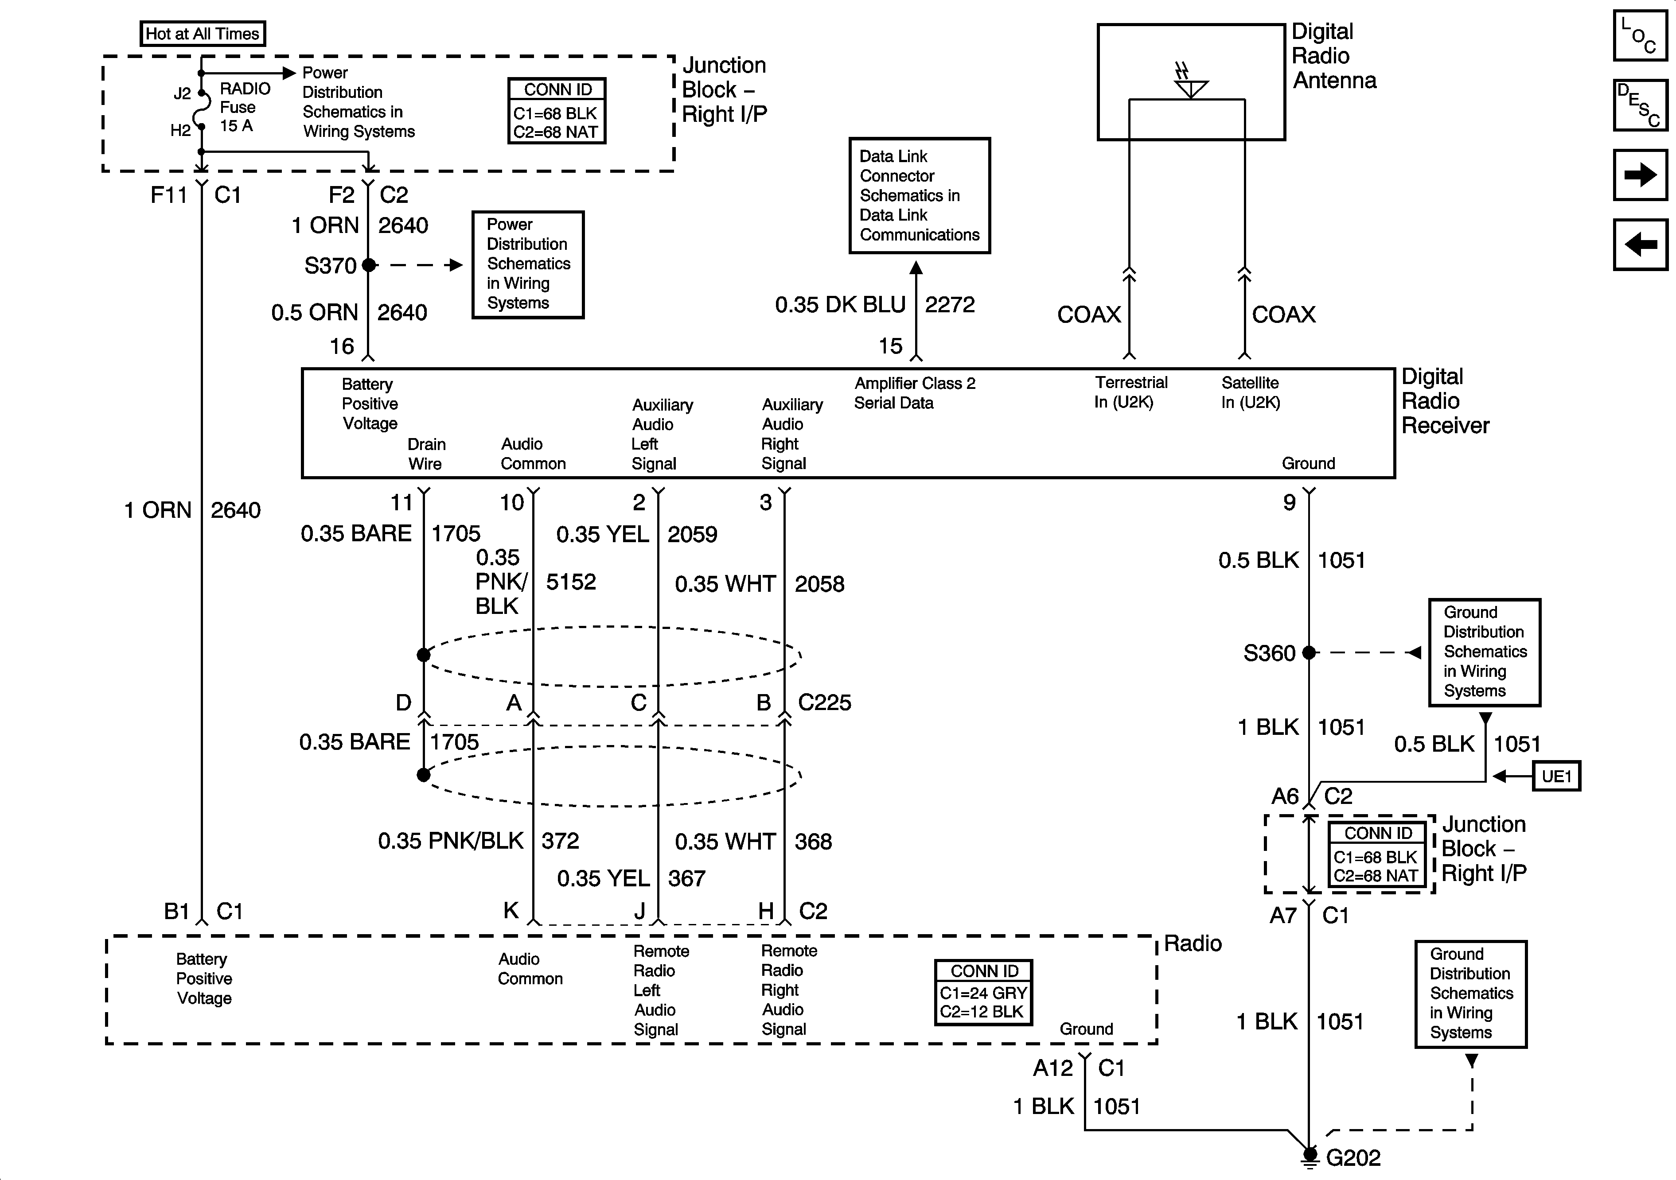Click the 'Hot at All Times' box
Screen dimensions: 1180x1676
click(x=202, y=34)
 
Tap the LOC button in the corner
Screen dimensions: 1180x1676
click(x=1640, y=36)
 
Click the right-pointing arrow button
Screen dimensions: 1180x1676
click(x=1640, y=175)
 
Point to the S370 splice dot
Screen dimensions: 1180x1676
click(x=369, y=265)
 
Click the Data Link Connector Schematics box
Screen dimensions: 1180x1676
click(x=919, y=196)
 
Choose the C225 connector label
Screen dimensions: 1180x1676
click(x=824, y=703)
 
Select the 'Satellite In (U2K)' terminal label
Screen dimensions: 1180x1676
click(x=1251, y=392)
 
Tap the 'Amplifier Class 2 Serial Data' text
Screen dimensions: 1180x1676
click(x=914, y=392)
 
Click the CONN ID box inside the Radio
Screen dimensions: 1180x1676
click(x=983, y=993)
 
